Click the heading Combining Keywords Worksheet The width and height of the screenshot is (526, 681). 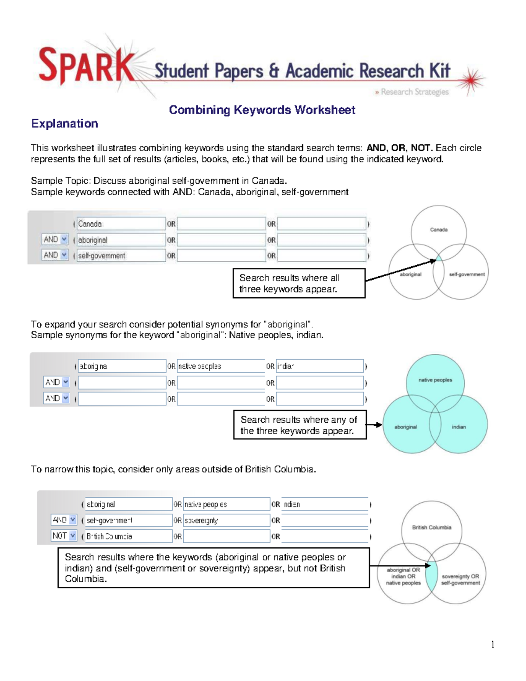tap(262, 110)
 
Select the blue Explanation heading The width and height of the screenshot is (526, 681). tap(64, 124)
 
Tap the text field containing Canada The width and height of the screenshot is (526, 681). tap(121, 224)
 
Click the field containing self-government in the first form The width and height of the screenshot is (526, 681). tap(121, 256)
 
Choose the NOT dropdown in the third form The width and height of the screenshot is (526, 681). tap(64, 536)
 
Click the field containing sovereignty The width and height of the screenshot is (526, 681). tap(226, 521)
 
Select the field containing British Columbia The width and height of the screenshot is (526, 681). tap(128, 536)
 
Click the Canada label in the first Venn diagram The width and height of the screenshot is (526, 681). tap(438, 230)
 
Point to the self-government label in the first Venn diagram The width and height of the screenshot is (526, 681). tap(467, 275)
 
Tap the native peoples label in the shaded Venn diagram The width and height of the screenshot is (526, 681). tap(435, 380)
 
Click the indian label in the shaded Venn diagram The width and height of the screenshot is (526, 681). tap(459, 427)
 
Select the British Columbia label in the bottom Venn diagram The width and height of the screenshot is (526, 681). tap(431, 528)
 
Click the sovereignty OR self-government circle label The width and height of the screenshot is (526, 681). tap(460, 580)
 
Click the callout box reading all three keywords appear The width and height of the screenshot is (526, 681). tap(299, 283)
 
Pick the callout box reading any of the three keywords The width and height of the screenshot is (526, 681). tap(299, 425)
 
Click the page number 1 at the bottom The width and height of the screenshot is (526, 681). tap(493, 644)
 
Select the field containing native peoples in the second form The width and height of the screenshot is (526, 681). tap(220, 366)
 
